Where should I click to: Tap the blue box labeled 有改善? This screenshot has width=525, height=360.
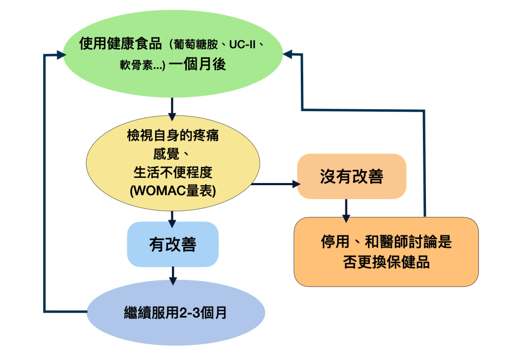tap(172, 244)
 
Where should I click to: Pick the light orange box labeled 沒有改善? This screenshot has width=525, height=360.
tap(352, 176)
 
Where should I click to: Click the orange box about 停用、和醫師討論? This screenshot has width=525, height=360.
tap(386, 251)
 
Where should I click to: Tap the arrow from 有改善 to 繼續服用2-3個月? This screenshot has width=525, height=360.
tap(173, 275)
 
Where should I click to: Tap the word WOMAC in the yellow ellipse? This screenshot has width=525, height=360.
tap(154, 190)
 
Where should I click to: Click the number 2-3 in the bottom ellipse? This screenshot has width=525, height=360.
tap(190, 313)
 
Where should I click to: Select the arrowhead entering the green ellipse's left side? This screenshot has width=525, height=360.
tap(57, 54)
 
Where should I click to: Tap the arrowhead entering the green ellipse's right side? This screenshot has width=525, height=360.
tap(287, 53)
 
